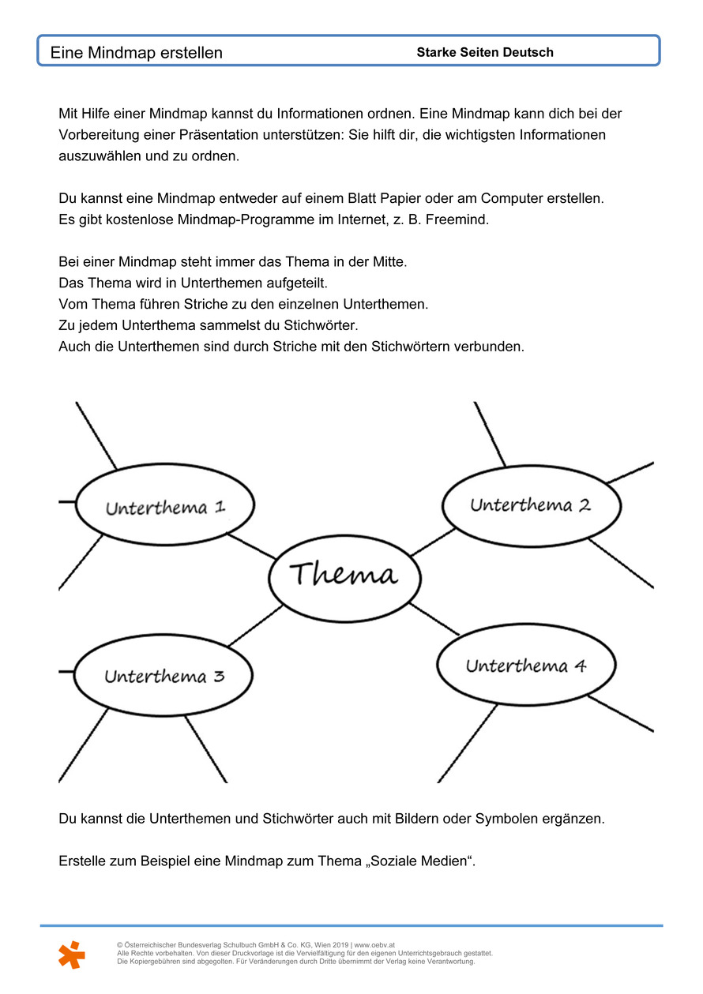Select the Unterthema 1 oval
click(165, 506)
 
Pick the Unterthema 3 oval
click(164, 677)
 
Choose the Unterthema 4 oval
click(525, 666)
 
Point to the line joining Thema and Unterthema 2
click(432, 541)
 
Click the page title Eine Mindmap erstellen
click(137, 53)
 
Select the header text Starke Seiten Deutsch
click(485, 53)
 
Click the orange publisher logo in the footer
click(71, 955)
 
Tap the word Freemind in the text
click(457, 219)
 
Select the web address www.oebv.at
click(375, 945)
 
